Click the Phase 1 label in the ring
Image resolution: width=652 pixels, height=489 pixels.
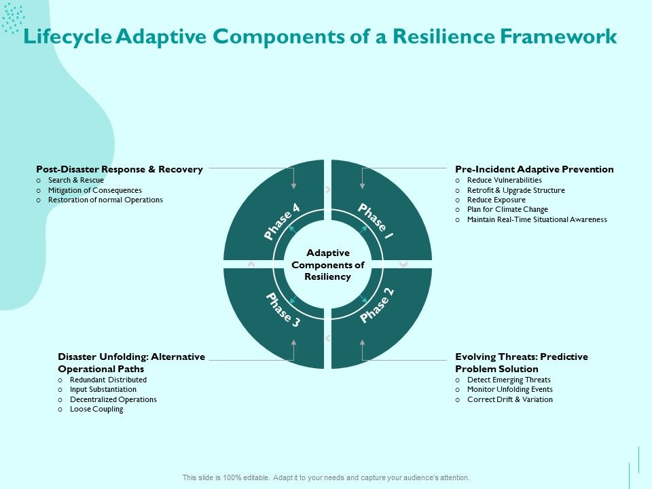coord(374,221)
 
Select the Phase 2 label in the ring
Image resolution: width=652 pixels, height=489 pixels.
coord(377,306)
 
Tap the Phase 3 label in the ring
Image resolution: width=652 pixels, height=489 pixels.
coord(282,310)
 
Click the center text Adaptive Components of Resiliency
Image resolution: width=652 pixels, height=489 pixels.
coord(327,265)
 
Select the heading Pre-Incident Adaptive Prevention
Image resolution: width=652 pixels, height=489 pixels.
coord(535,169)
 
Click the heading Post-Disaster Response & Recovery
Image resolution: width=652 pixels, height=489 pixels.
coord(120,169)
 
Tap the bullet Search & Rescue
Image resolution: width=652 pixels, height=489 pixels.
coord(75,180)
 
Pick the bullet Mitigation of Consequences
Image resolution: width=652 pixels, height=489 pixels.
coord(94,190)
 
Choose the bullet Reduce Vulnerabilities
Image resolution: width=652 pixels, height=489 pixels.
coord(504,180)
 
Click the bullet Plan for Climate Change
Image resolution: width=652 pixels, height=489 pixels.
coord(507,210)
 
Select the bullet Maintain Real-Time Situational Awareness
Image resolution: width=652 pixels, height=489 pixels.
coord(537,219)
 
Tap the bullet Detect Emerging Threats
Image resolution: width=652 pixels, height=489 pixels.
coord(509,380)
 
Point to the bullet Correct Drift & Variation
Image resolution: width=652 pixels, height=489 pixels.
coord(509,399)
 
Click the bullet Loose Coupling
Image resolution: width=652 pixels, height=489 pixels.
coord(96,410)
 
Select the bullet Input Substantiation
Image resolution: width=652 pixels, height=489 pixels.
coord(103,390)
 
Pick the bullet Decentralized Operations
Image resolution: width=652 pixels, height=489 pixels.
coord(113,399)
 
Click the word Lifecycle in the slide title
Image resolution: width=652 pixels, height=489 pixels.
coord(67,37)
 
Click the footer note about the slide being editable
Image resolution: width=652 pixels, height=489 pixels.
coord(326,477)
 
